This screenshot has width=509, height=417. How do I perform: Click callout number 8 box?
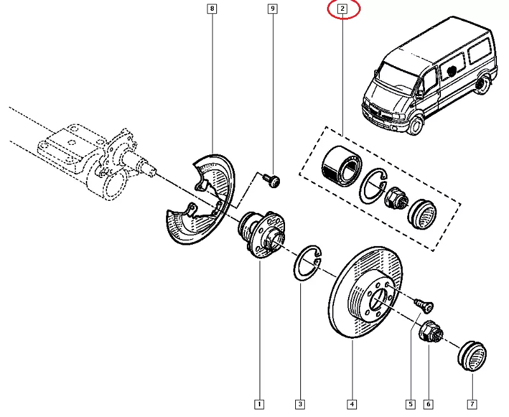212,9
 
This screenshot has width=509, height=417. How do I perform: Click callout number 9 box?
272,9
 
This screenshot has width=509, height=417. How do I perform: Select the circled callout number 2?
342,9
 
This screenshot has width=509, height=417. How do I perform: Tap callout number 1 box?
259,404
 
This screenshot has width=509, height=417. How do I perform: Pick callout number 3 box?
300,404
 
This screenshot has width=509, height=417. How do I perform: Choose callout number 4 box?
352,404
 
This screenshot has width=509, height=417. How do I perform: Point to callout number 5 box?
411,404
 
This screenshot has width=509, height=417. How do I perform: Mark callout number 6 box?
429,404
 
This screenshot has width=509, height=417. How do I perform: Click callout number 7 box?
472,404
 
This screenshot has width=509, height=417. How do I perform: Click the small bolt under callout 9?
273,181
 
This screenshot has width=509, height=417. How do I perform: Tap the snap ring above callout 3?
309,261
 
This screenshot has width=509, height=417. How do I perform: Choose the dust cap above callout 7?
471,353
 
